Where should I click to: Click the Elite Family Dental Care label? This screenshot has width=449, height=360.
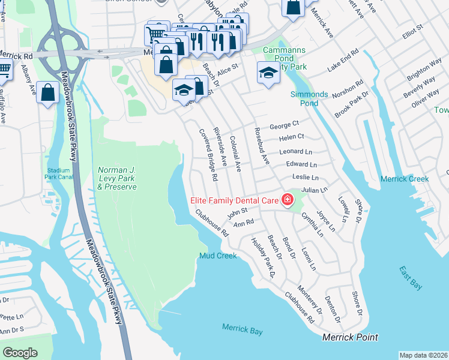pos(234,200)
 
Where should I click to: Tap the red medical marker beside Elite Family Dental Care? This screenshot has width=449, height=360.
pos(288,199)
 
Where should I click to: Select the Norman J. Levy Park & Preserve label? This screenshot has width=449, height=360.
pos(117,179)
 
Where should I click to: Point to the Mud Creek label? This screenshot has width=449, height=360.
pos(218,256)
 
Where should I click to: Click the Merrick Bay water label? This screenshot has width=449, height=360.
pos(243,329)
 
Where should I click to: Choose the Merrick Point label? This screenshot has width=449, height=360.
pos(351,337)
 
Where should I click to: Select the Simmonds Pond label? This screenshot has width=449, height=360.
pos(309,99)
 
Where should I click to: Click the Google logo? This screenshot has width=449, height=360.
pos(20,353)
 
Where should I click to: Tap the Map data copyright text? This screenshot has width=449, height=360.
pos(423,355)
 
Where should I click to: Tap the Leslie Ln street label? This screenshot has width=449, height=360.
pos(305,178)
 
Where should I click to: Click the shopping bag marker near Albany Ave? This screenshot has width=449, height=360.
pos(47,92)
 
